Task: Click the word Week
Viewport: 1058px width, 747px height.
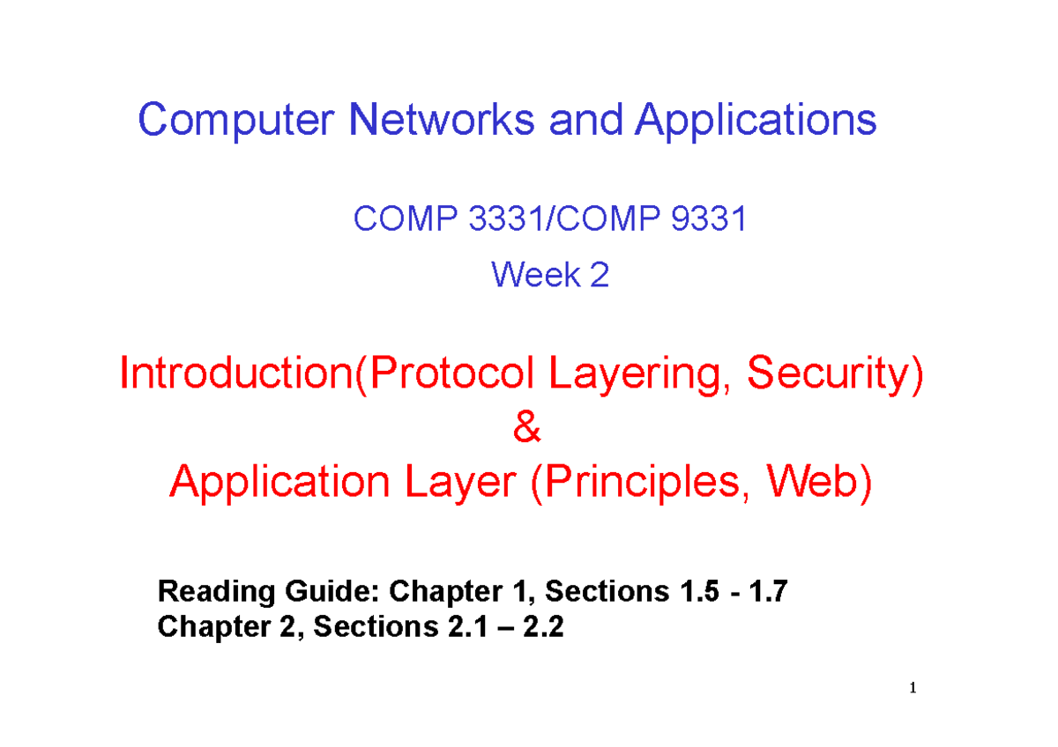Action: tap(531, 276)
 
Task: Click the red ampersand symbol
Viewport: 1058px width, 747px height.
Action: tap(523, 429)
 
